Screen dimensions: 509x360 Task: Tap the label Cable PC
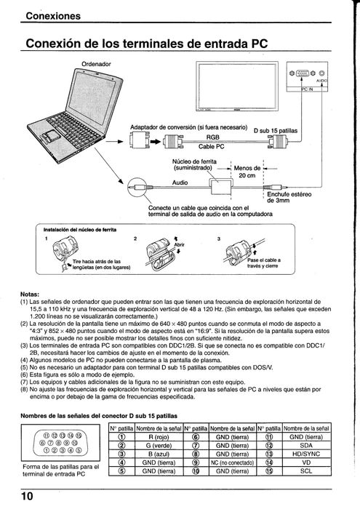(x=212, y=146)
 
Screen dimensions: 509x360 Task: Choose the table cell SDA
(x=305, y=446)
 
